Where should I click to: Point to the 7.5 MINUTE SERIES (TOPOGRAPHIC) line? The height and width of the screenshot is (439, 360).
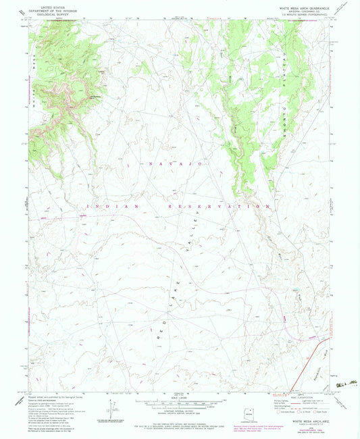(x=300, y=14)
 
